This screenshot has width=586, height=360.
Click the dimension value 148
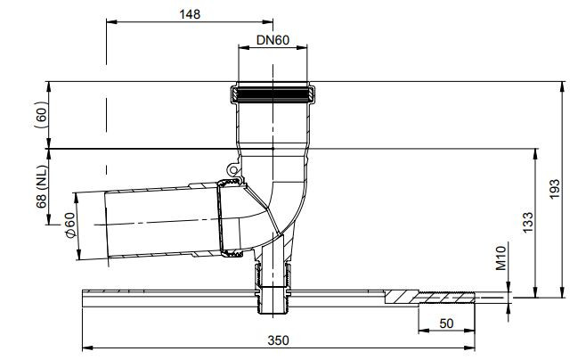tap(190, 14)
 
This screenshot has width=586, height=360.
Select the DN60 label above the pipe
tap(273, 40)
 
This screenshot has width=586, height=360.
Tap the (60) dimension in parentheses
tap(41, 114)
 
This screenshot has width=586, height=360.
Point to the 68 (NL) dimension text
tap(42, 186)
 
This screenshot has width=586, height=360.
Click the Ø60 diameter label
tap(70, 225)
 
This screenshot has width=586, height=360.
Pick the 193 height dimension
tap(555, 189)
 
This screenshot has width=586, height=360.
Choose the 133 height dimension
tap(528, 223)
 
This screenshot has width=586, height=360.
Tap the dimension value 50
tap(446, 323)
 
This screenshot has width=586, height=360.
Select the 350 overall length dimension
tap(278, 340)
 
